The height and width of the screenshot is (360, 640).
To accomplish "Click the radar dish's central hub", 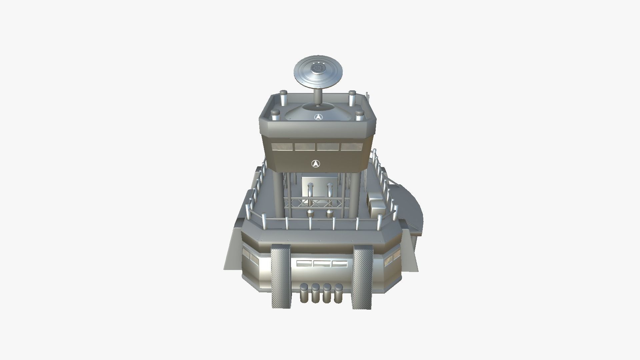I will [318, 69].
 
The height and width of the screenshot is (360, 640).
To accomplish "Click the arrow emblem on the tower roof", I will [318, 117].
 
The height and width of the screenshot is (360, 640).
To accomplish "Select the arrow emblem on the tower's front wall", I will [316, 163].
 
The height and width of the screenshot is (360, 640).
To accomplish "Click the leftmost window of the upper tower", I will [282, 147].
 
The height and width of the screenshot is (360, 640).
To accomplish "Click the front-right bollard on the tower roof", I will [359, 115].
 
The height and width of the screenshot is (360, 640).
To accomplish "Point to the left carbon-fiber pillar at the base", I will [280, 277].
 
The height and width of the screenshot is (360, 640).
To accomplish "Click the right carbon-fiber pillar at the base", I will [362, 277].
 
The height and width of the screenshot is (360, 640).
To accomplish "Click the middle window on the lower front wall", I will [322, 264].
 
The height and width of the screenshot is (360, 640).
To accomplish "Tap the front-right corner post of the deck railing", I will [379, 222].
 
